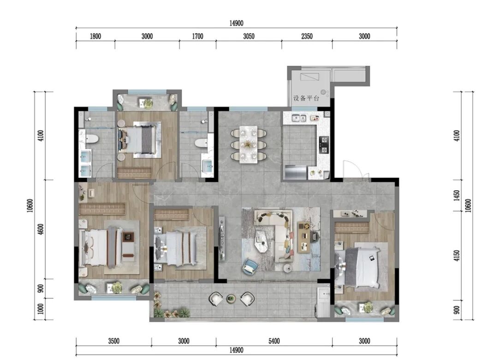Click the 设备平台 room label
pos(306,98)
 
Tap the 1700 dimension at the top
pos(197,36)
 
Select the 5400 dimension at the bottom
pos(274,341)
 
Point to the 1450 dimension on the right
pos(456,195)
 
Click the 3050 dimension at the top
pos(249,36)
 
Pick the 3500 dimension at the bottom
pos(114,341)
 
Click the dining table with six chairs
pos(249,144)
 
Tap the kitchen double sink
pos(299,118)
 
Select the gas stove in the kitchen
pos(324,144)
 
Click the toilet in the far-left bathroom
pos(91,139)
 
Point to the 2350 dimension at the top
pos(307,36)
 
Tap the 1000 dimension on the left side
pos(41,309)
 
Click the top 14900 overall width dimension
pos(236,23)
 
